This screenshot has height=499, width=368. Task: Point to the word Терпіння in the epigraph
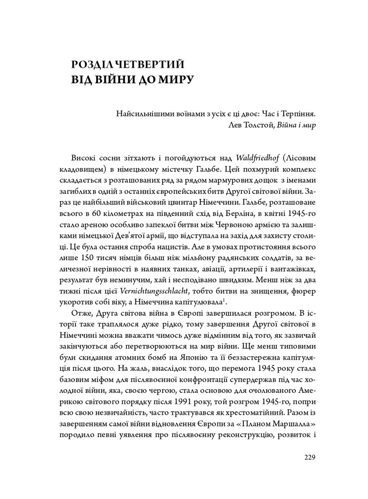point(299,115)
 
